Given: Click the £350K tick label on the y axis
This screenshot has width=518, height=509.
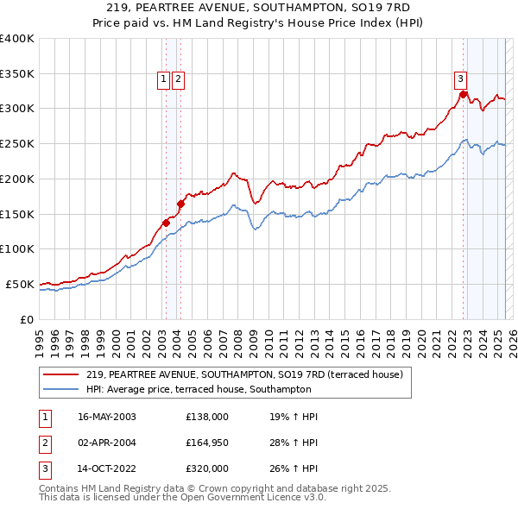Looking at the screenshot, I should (17, 74).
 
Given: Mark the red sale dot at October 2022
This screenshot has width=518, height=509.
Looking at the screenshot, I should (464, 94).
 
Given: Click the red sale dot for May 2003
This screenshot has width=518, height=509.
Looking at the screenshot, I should (167, 223).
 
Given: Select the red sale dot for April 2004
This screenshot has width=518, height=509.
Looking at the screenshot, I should (180, 204).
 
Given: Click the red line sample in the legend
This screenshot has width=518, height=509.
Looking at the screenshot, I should (60, 374).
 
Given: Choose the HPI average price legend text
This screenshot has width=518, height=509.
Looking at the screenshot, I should (199, 390).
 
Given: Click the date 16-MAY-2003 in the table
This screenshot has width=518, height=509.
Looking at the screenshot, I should (107, 417).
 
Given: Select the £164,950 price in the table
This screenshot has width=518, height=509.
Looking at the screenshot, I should (207, 442).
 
